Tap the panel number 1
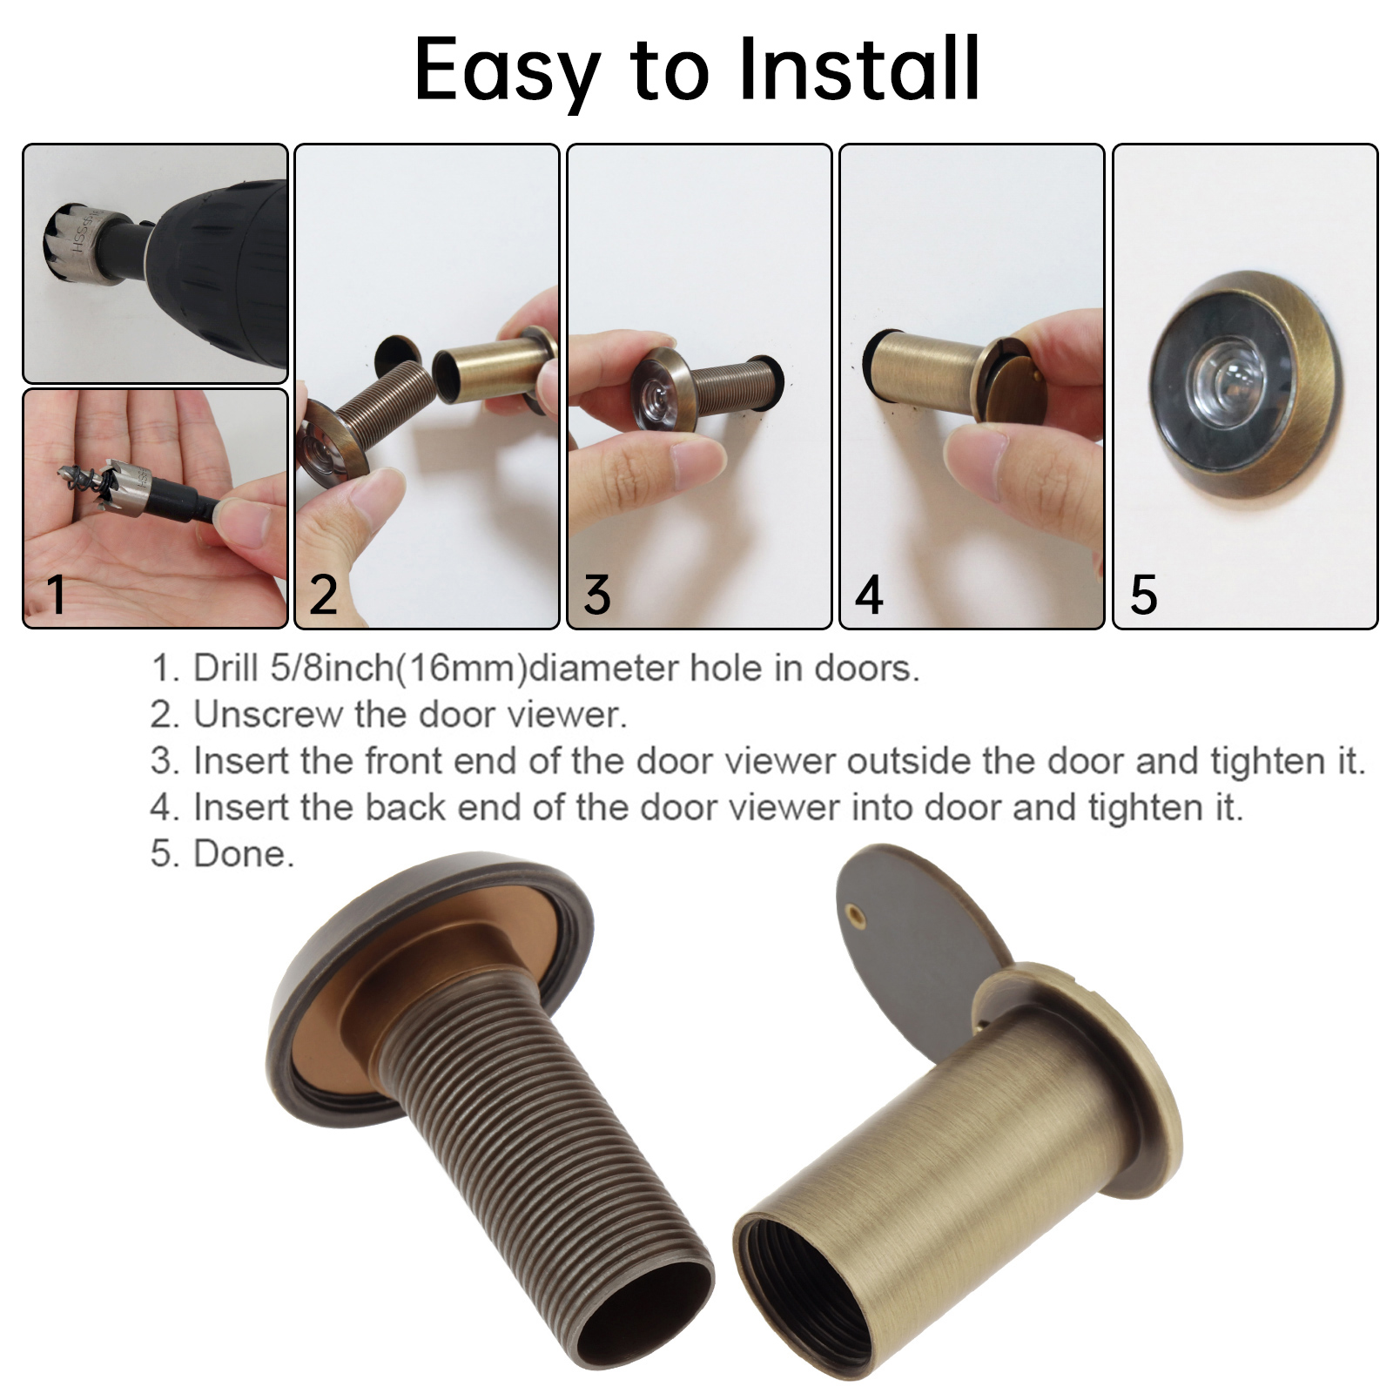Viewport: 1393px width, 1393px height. point(56,595)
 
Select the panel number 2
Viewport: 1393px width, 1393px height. point(324,596)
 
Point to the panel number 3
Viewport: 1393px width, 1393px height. point(597,596)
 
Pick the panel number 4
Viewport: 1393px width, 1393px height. point(869,596)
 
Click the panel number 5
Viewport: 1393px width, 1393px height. point(1143,596)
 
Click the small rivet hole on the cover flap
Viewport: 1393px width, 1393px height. point(856,913)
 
